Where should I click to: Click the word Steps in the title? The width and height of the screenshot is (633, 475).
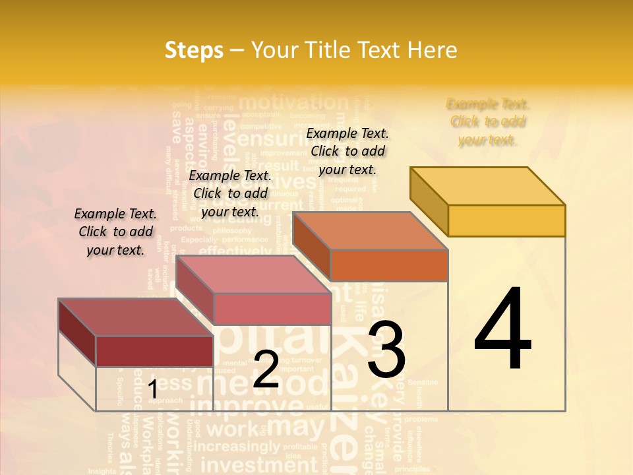pyautogui.click(x=193, y=50)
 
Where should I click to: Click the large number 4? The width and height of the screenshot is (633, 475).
pyautogui.click(x=503, y=330)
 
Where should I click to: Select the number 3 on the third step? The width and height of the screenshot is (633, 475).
pyautogui.click(x=386, y=350)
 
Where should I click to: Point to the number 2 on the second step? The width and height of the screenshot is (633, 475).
pyautogui.click(x=266, y=369)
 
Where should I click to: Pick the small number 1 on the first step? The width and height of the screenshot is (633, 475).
pyautogui.click(x=152, y=390)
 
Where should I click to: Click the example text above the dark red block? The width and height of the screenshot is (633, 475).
pyautogui.click(x=115, y=232)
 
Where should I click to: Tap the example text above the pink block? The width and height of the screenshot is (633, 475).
pyautogui.click(x=230, y=193)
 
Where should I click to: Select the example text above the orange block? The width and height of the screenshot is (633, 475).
pyautogui.click(x=347, y=151)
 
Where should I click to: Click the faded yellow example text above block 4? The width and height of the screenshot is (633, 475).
pyautogui.click(x=488, y=122)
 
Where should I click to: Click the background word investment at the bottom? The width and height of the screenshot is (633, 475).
pyautogui.click(x=259, y=464)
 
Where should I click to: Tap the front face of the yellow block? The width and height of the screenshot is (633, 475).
pyautogui.click(x=506, y=220)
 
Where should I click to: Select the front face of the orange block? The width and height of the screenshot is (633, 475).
pyautogui.click(x=389, y=265)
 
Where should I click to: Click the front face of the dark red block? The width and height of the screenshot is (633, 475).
pyautogui.click(x=154, y=351)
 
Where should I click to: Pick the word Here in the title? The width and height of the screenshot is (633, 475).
pyautogui.click(x=433, y=50)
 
